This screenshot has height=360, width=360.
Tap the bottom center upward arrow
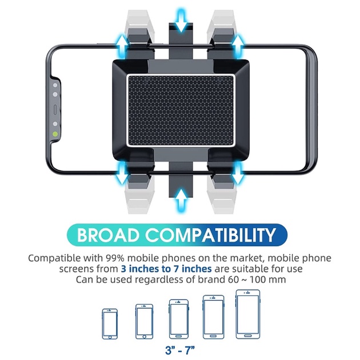pos(181,199)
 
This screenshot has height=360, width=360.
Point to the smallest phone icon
pos(110,323)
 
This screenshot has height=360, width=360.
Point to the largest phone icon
pos(247,314)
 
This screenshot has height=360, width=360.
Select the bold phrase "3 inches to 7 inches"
pos(166,269)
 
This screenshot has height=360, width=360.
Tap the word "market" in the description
pos(231,258)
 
